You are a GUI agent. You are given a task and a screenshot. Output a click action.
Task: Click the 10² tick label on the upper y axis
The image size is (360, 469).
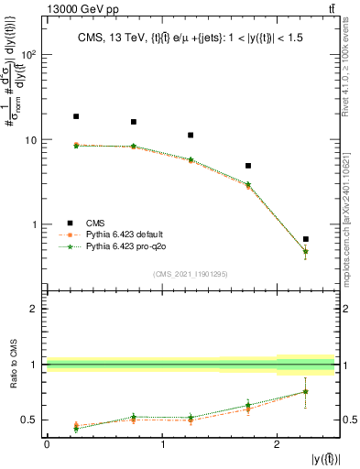pyautogui.click(x=29, y=55)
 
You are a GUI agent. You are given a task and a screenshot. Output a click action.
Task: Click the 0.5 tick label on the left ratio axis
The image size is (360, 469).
pyautogui.click(x=28, y=420)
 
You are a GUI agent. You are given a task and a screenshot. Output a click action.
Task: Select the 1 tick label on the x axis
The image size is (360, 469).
pyautogui.click(x=162, y=444)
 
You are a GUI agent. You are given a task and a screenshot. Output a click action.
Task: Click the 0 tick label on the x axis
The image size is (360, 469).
pyautogui.click(x=47, y=444)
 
